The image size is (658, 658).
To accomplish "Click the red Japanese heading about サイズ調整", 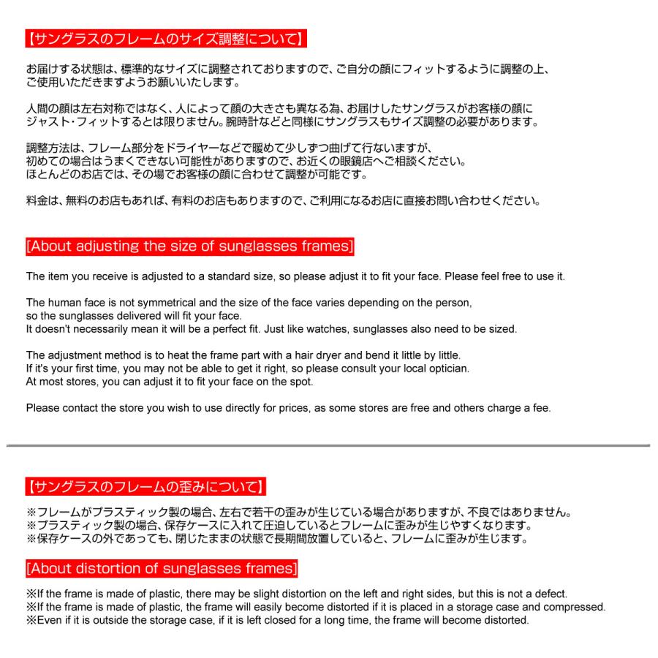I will (165, 39).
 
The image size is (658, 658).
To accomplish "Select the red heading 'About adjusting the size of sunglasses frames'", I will (189, 246).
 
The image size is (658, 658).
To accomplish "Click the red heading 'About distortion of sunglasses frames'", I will (161, 568).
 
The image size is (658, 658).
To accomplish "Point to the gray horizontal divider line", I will (328, 445).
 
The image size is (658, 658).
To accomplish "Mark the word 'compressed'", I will (577, 607).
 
